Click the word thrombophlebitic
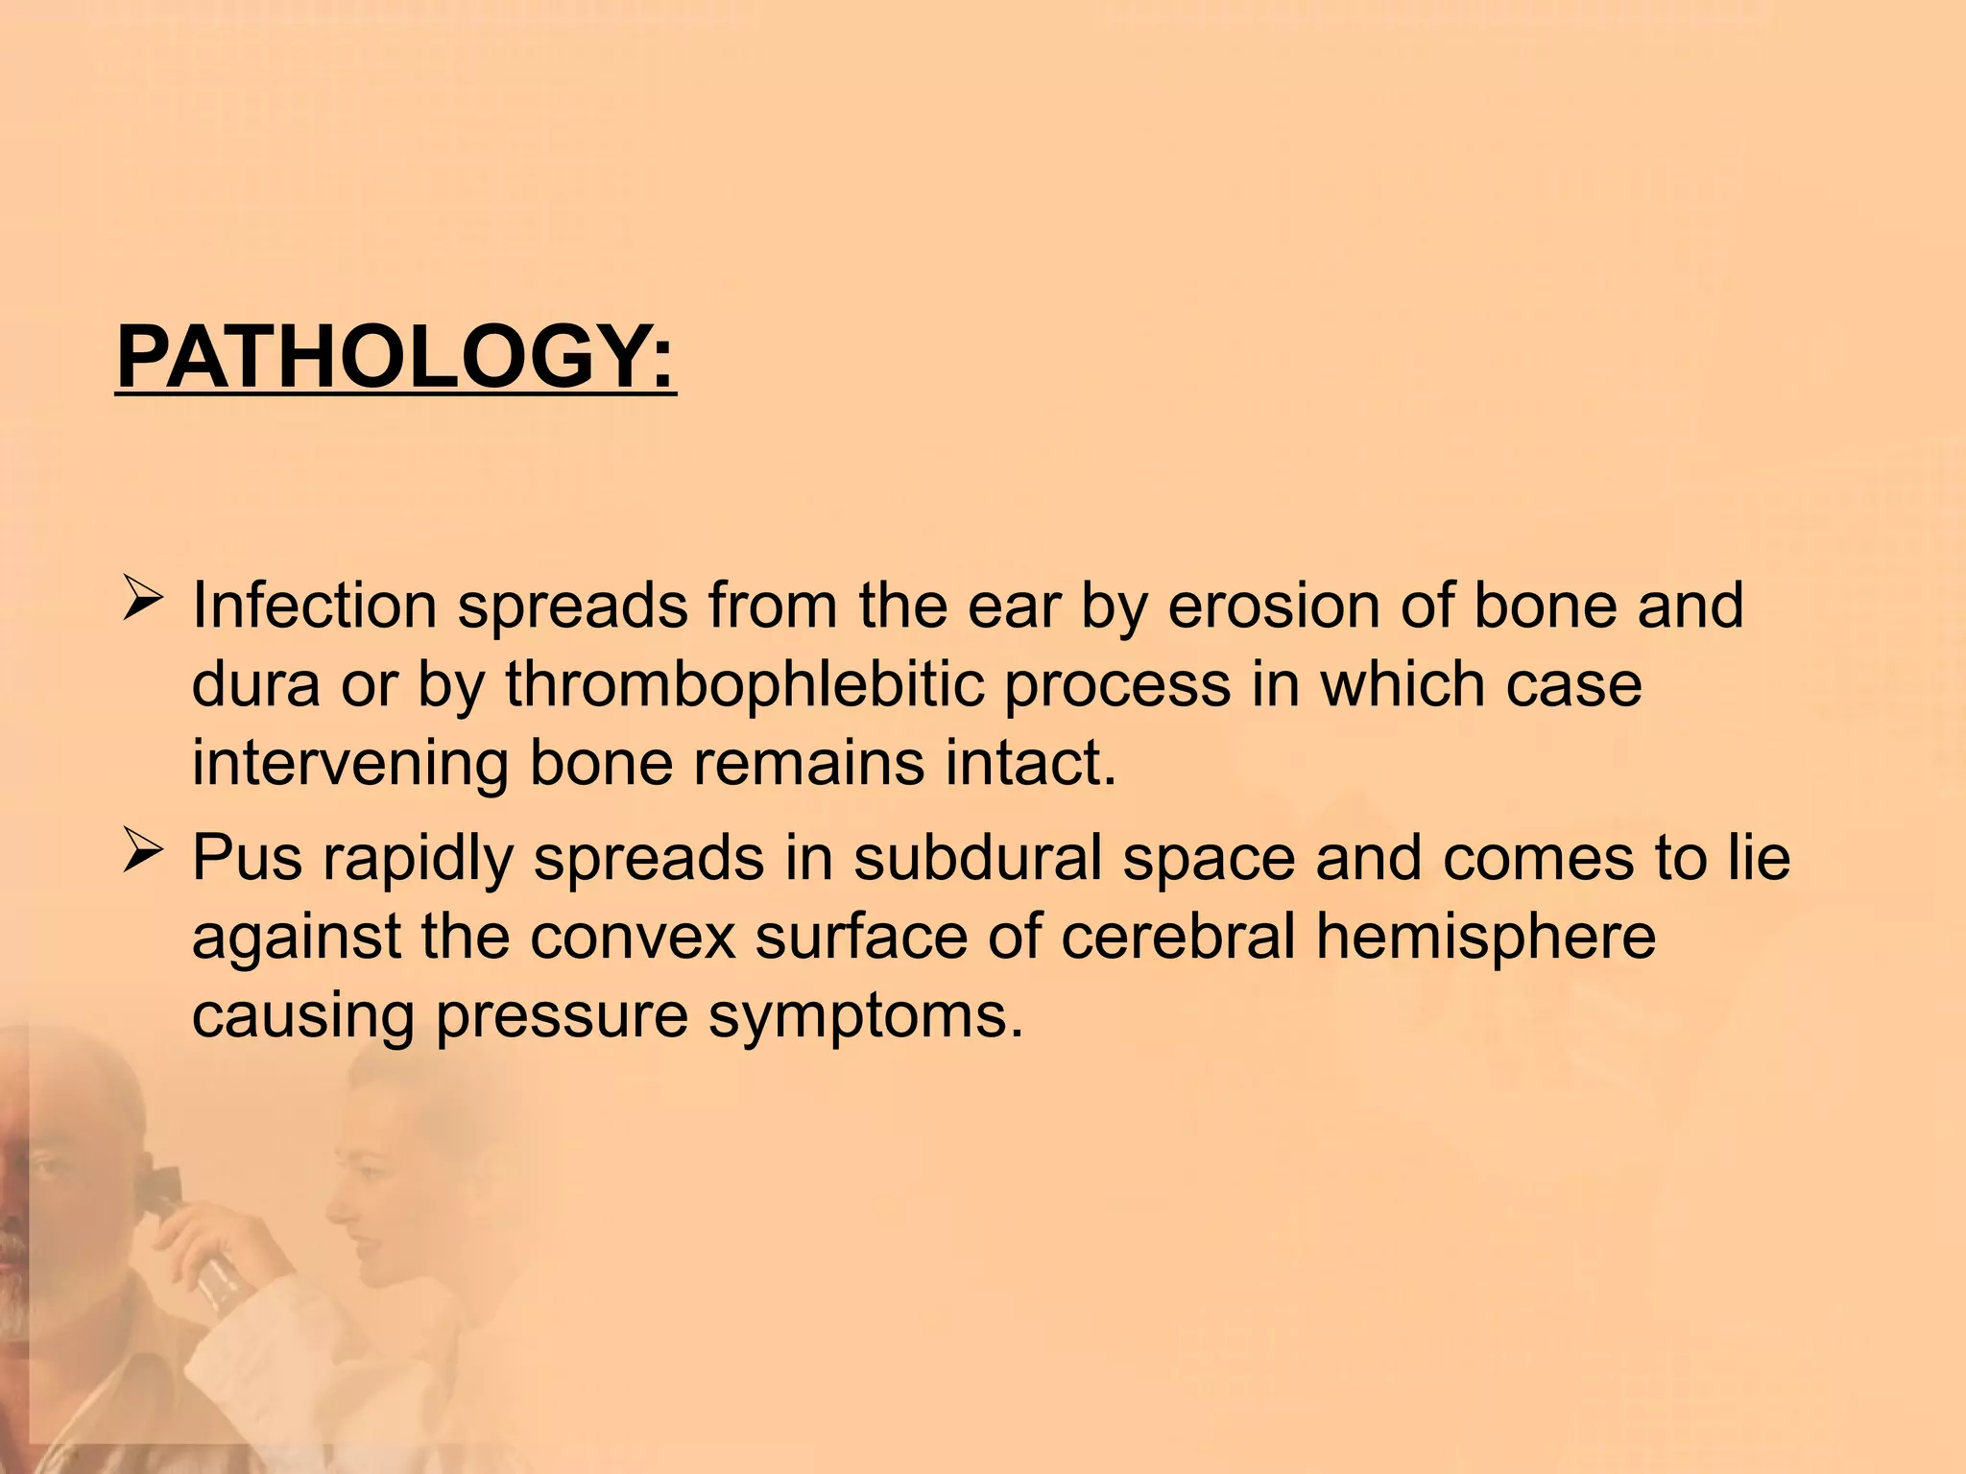coord(744,685)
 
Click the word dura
coord(255,685)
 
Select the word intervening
coord(349,764)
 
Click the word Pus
coord(248,858)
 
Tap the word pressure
coord(562,1015)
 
